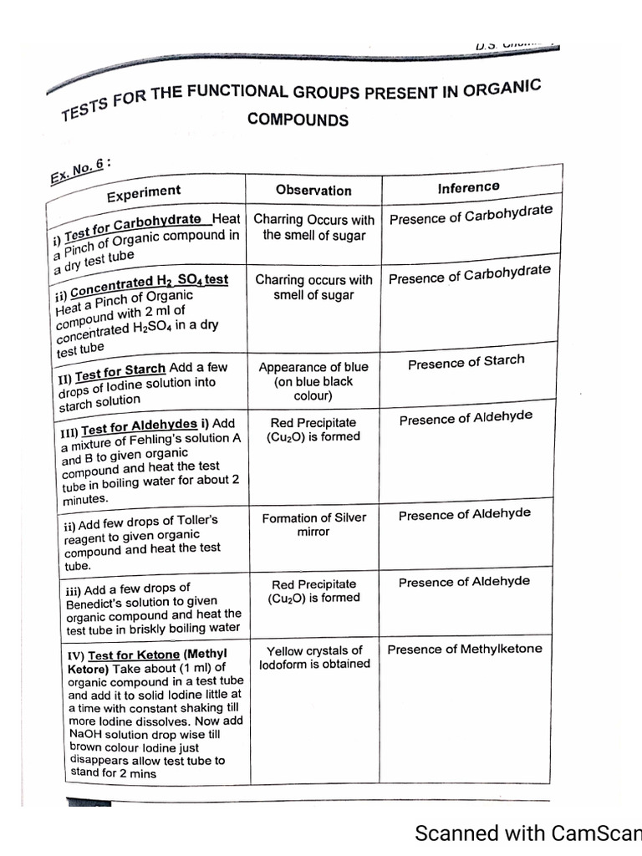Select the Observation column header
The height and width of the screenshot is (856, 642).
[313, 190]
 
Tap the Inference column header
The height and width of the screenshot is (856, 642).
[468, 188]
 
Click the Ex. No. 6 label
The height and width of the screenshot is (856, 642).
[77, 172]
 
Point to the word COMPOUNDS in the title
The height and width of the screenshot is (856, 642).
[298, 120]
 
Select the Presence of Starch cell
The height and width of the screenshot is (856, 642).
[466, 362]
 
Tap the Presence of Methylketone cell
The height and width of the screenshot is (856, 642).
[465, 649]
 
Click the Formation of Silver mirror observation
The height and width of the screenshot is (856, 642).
[313, 524]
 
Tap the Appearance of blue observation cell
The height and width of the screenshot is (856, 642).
[313, 381]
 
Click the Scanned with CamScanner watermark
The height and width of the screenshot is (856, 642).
[527, 833]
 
